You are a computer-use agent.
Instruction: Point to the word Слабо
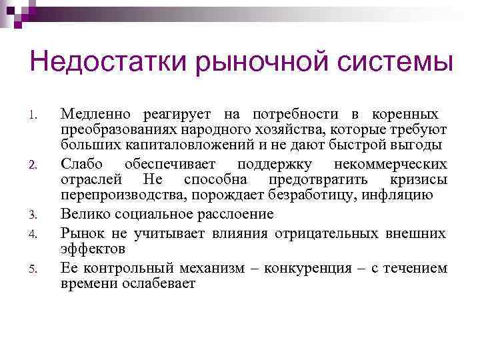pos(81,163)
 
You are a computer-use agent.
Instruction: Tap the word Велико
pos(85,214)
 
